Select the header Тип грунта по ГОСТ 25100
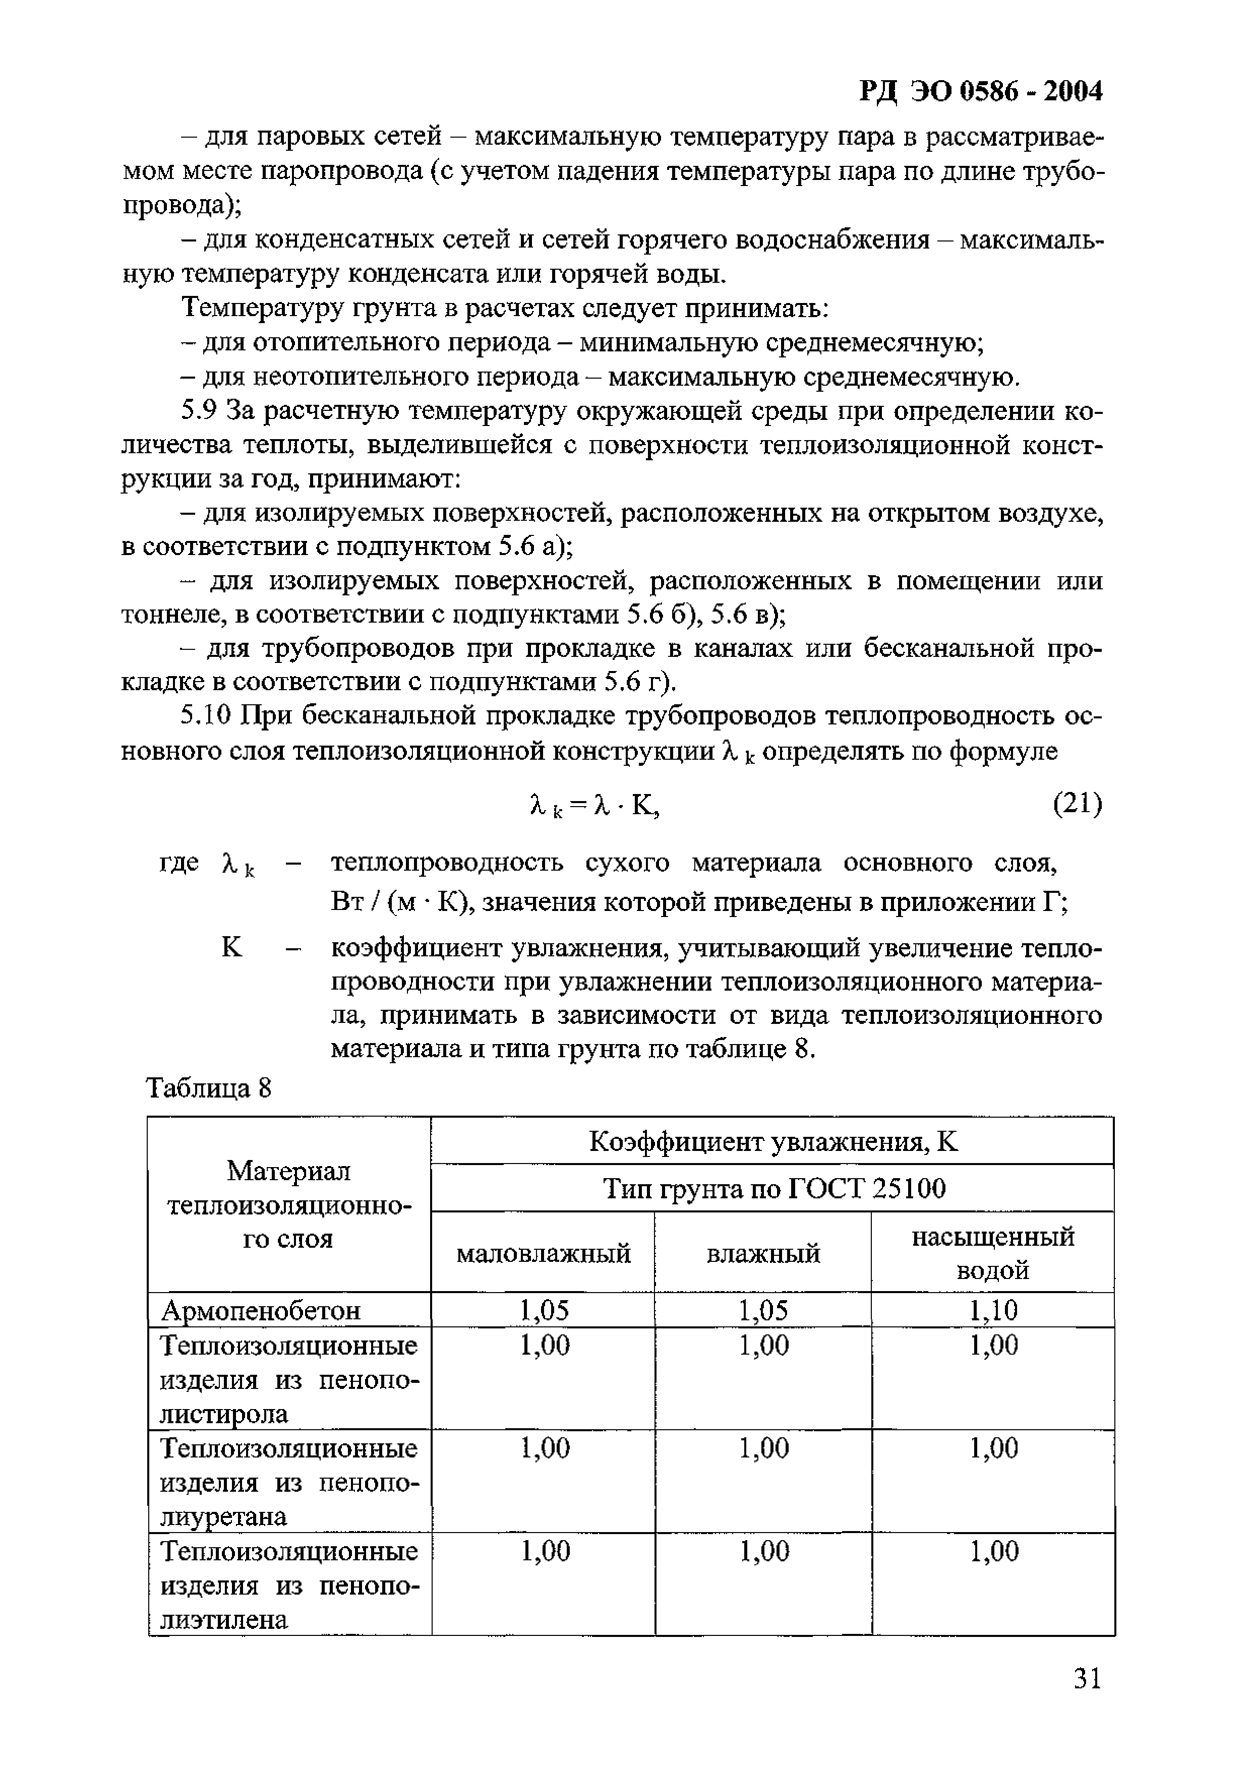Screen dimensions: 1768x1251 772,1189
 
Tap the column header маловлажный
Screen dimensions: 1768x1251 543,1254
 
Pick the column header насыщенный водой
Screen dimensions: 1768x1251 992,1254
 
